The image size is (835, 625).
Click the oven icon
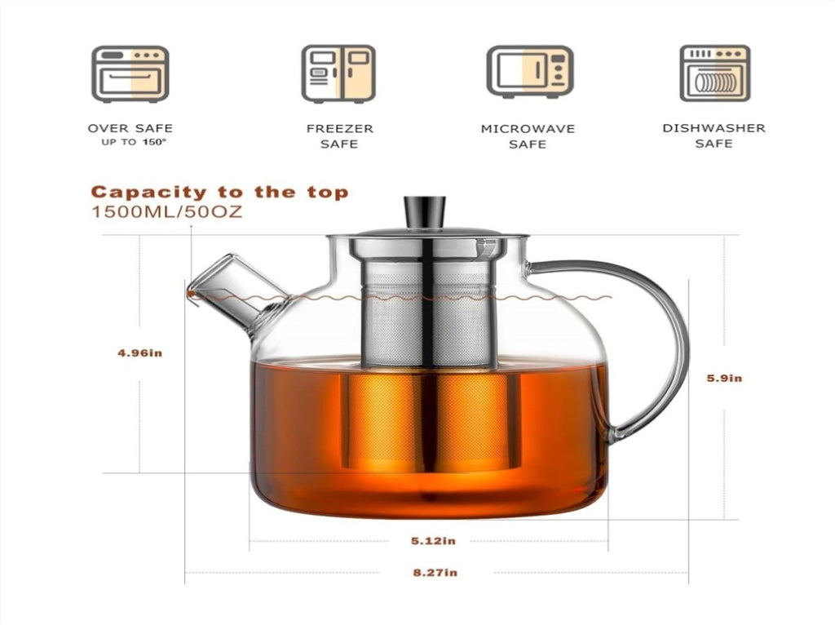pos(130,74)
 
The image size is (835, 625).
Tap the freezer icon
pos(338,73)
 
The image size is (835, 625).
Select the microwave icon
pos(529,72)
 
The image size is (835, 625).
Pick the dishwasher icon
pos(714,73)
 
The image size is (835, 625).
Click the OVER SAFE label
pos(130,128)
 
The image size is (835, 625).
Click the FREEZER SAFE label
pos(340,136)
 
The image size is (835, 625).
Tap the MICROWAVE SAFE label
pos(528,136)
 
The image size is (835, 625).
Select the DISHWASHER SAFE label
pos(714,136)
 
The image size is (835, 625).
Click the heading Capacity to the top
pos(219,192)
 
